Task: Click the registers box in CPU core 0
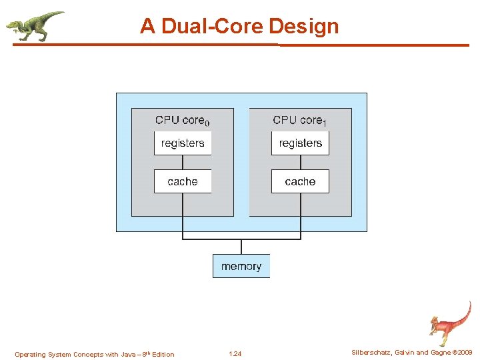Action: pyautogui.click(x=183, y=143)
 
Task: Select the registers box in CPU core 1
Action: pyautogui.click(x=300, y=143)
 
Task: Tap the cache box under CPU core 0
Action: pyautogui.click(x=183, y=181)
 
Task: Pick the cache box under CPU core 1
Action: pyautogui.click(x=300, y=181)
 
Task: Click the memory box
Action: pyautogui.click(x=241, y=266)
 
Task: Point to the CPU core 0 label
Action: pyautogui.click(x=182, y=121)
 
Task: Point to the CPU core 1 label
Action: pyautogui.click(x=299, y=121)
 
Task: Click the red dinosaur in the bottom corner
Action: pyautogui.click(x=449, y=323)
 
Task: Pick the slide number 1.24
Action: pyautogui.click(x=235, y=354)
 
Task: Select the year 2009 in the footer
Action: pyautogui.click(x=464, y=353)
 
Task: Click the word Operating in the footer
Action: pyautogui.click(x=29, y=355)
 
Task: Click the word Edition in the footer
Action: pyautogui.click(x=163, y=355)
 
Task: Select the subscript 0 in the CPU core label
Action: pyautogui.click(x=207, y=123)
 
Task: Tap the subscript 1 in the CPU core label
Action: pyautogui.click(x=325, y=123)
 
